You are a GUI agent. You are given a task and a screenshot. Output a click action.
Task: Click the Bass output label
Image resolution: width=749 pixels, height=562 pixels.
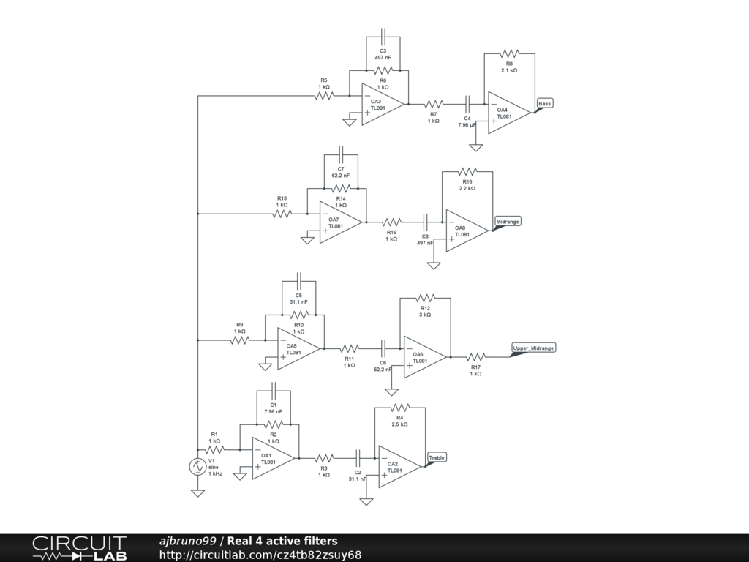[x=544, y=103]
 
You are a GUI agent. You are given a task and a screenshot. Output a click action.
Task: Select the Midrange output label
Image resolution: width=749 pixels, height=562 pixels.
[x=508, y=221]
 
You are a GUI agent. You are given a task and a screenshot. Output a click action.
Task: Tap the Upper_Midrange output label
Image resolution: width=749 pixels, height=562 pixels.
[x=533, y=348]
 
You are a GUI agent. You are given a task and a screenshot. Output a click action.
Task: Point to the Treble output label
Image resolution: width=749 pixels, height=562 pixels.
[x=437, y=457]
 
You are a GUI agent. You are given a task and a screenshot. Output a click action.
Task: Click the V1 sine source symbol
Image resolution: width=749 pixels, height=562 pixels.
[x=197, y=466]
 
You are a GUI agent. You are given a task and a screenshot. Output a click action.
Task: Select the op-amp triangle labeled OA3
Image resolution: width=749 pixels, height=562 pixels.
[x=383, y=104]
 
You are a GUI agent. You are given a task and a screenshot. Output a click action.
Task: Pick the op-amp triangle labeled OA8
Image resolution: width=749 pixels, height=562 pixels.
[x=467, y=231]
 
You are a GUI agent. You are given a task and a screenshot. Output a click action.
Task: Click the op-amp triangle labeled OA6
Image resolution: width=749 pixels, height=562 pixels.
[x=425, y=357]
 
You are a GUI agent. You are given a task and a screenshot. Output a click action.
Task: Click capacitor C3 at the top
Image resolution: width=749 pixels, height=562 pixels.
[x=383, y=37]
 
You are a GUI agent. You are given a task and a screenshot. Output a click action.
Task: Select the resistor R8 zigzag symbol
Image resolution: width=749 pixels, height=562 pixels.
[x=509, y=53]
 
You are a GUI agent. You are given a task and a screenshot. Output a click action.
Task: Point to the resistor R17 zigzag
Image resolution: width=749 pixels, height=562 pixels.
[x=475, y=357]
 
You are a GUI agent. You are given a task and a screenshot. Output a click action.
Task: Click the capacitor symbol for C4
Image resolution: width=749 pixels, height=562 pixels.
[x=467, y=103]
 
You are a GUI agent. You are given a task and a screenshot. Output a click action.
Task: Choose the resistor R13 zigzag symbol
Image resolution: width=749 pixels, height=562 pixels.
[x=282, y=214]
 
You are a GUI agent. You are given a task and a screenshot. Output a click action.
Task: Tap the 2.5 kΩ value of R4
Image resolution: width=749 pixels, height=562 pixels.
[x=400, y=424]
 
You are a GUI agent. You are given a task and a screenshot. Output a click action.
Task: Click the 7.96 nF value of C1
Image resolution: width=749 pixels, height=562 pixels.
[x=274, y=411]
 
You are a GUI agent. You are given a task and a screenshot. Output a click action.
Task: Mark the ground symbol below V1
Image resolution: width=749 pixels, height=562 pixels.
[x=197, y=492]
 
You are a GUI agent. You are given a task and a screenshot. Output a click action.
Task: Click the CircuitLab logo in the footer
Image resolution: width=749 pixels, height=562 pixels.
[x=80, y=548]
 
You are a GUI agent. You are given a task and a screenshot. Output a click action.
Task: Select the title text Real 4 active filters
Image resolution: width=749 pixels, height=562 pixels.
[x=282, y=541]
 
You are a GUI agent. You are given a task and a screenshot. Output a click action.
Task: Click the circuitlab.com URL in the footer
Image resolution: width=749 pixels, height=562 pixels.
[x=260, y=555]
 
